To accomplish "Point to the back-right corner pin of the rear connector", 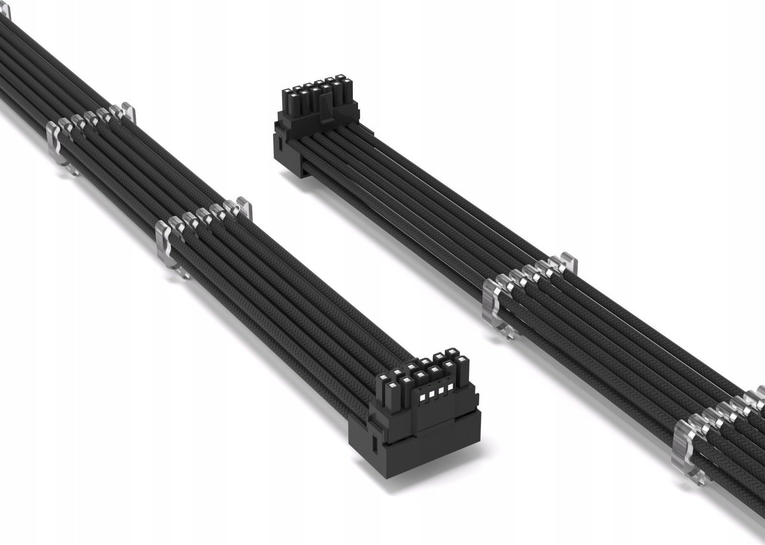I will (340, 82).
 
